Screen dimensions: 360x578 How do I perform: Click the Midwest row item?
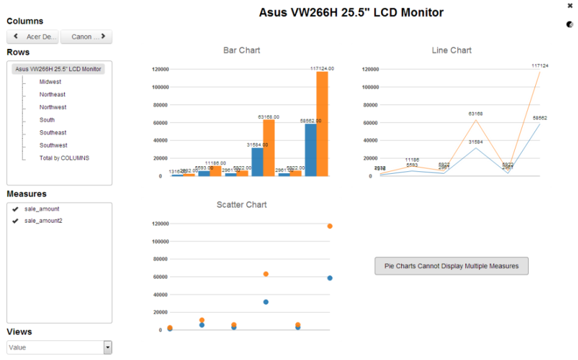pyautogui.click(x=50, y=82)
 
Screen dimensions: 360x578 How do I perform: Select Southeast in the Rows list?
pyautogui.click(x=53, y=133)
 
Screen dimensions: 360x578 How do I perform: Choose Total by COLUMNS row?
pyautogui.click(x=64, y=158)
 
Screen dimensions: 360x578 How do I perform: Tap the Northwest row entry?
pyautogui.click(x=53, y=108)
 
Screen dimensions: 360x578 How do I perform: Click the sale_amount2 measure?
pyautogui.click(x=43, y=221)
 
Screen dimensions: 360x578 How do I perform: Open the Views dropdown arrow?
pyautogui.click(x=108, y=347)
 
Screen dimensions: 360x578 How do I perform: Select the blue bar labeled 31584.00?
pyautogui.click(x=258, y=162)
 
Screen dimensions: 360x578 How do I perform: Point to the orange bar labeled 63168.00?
pyautogui.click(x=269, y=148)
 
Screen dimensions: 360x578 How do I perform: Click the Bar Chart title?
pyautogui.click(x=242, y=50)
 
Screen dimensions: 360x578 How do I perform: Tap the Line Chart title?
pyautogui.click(x=451, y=50)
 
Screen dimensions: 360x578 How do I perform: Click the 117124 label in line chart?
pyautogui.click(x=540, y=65)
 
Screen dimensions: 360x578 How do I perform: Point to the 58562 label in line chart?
pyautogui.click(x=540, y=118)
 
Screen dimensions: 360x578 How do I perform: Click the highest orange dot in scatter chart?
pyautogui.click(x=329, y=226)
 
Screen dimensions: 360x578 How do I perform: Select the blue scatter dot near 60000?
pyautogui.click(x=329, y=278)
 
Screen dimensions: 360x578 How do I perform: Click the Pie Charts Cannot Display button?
pyautogui.click(x=451, y=266)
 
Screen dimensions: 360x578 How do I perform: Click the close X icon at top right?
pyautogui.click(x=570, y=5)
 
